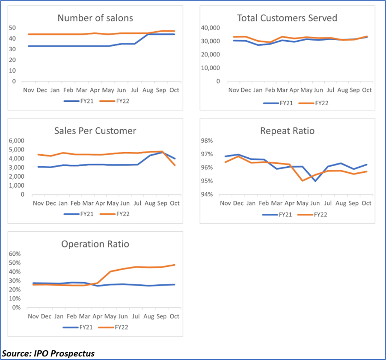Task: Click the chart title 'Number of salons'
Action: [x=95, y=18]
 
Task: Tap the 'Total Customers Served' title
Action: [x=287, y=18]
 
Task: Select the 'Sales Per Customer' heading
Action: [x=95, y=131]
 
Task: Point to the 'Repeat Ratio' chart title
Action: [x=287, y=131]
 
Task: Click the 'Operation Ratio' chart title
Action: [x=95, y=244]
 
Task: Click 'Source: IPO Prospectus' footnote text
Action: [x=48, y=354]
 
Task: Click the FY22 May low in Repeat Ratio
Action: [x=302, y=180]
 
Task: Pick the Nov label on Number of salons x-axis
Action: [x=29, y=90]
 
